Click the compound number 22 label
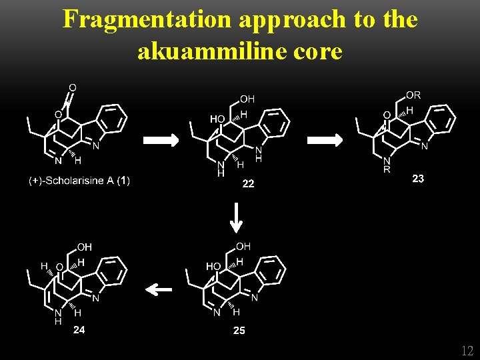point(248,184)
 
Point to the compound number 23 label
point(418,179)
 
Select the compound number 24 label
point(79,329)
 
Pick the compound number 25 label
point(239,331)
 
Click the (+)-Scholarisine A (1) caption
point(79,181)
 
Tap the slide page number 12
point(467,351)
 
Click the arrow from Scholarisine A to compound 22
point(161,140)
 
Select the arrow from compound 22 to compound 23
point(325,140)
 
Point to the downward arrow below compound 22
point(235,218)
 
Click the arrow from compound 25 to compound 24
point(159,289)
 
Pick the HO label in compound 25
point(213,266)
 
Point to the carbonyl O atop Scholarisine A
point(72,87)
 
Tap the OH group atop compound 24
point(84,247)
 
